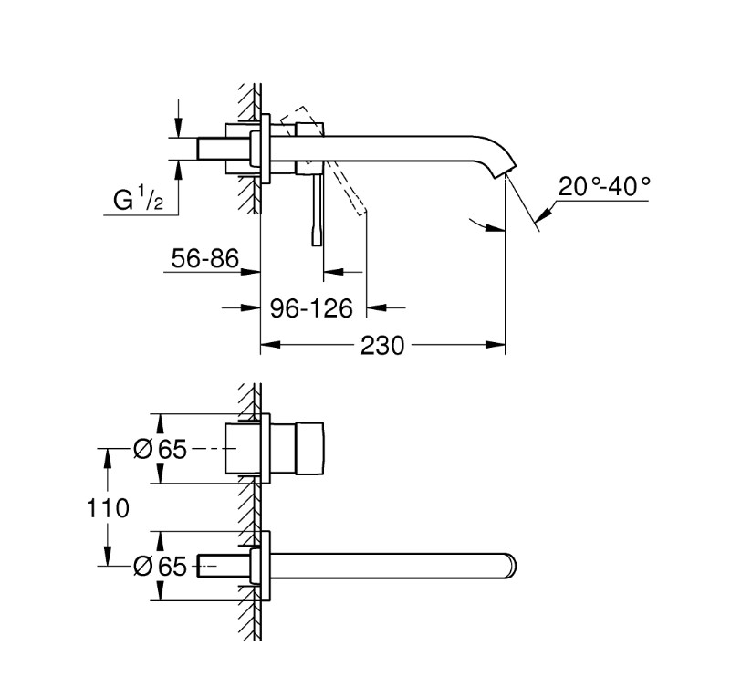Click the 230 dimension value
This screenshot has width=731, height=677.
[x=381, y=346]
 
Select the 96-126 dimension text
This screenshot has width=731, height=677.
[x=311, y=308]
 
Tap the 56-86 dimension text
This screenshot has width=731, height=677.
[x=204, y=258]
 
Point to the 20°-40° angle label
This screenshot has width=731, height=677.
[x=604, y=187]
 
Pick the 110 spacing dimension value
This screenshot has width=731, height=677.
[x=108, y=508]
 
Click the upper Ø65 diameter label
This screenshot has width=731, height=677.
[x=160, y=449]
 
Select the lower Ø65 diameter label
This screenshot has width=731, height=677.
[x=160, y=566]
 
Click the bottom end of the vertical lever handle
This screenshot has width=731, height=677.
[x=317, y=245]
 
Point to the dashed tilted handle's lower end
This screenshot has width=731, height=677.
[x=361, y=213]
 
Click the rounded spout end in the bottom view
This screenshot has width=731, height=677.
[x=511, y=566]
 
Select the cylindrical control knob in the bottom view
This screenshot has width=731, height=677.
[x=309, y=448]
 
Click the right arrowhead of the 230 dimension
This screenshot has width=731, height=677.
[x=496, y=345]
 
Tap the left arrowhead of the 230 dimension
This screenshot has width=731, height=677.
[x=270, y=345]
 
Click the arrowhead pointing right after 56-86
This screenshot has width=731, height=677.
[x=250, y=272]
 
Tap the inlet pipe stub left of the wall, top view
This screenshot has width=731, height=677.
[x=211, y=149]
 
